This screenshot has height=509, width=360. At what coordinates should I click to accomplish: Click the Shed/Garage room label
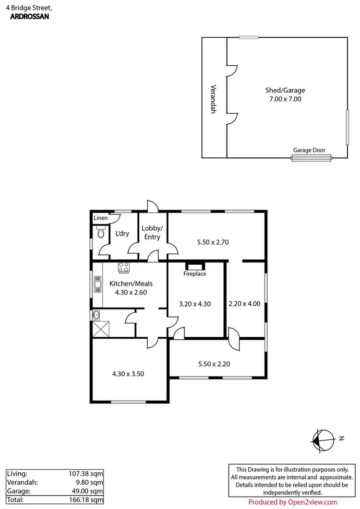(285, 90)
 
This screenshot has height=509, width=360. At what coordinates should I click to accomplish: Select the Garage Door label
(309, 150)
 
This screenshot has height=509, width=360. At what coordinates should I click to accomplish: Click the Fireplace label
(195, 274)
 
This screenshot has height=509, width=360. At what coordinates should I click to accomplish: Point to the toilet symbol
(100, 234)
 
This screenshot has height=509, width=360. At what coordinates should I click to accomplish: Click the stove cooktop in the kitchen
(124, 267)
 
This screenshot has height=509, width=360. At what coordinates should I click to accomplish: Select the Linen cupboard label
(101, 219)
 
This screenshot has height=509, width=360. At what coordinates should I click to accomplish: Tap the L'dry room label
(122, 234)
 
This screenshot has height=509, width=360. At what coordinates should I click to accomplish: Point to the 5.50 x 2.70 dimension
(213, 242)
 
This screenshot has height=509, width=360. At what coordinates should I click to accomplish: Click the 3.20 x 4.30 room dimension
(195, 304)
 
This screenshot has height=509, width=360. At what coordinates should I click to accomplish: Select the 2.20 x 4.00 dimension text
(244, 304)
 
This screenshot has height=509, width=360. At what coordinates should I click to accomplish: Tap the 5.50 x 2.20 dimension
(214, 364)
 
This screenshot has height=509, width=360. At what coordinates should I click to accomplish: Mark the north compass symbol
(324, 438)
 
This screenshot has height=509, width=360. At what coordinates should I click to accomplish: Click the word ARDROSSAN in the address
(29, 16)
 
